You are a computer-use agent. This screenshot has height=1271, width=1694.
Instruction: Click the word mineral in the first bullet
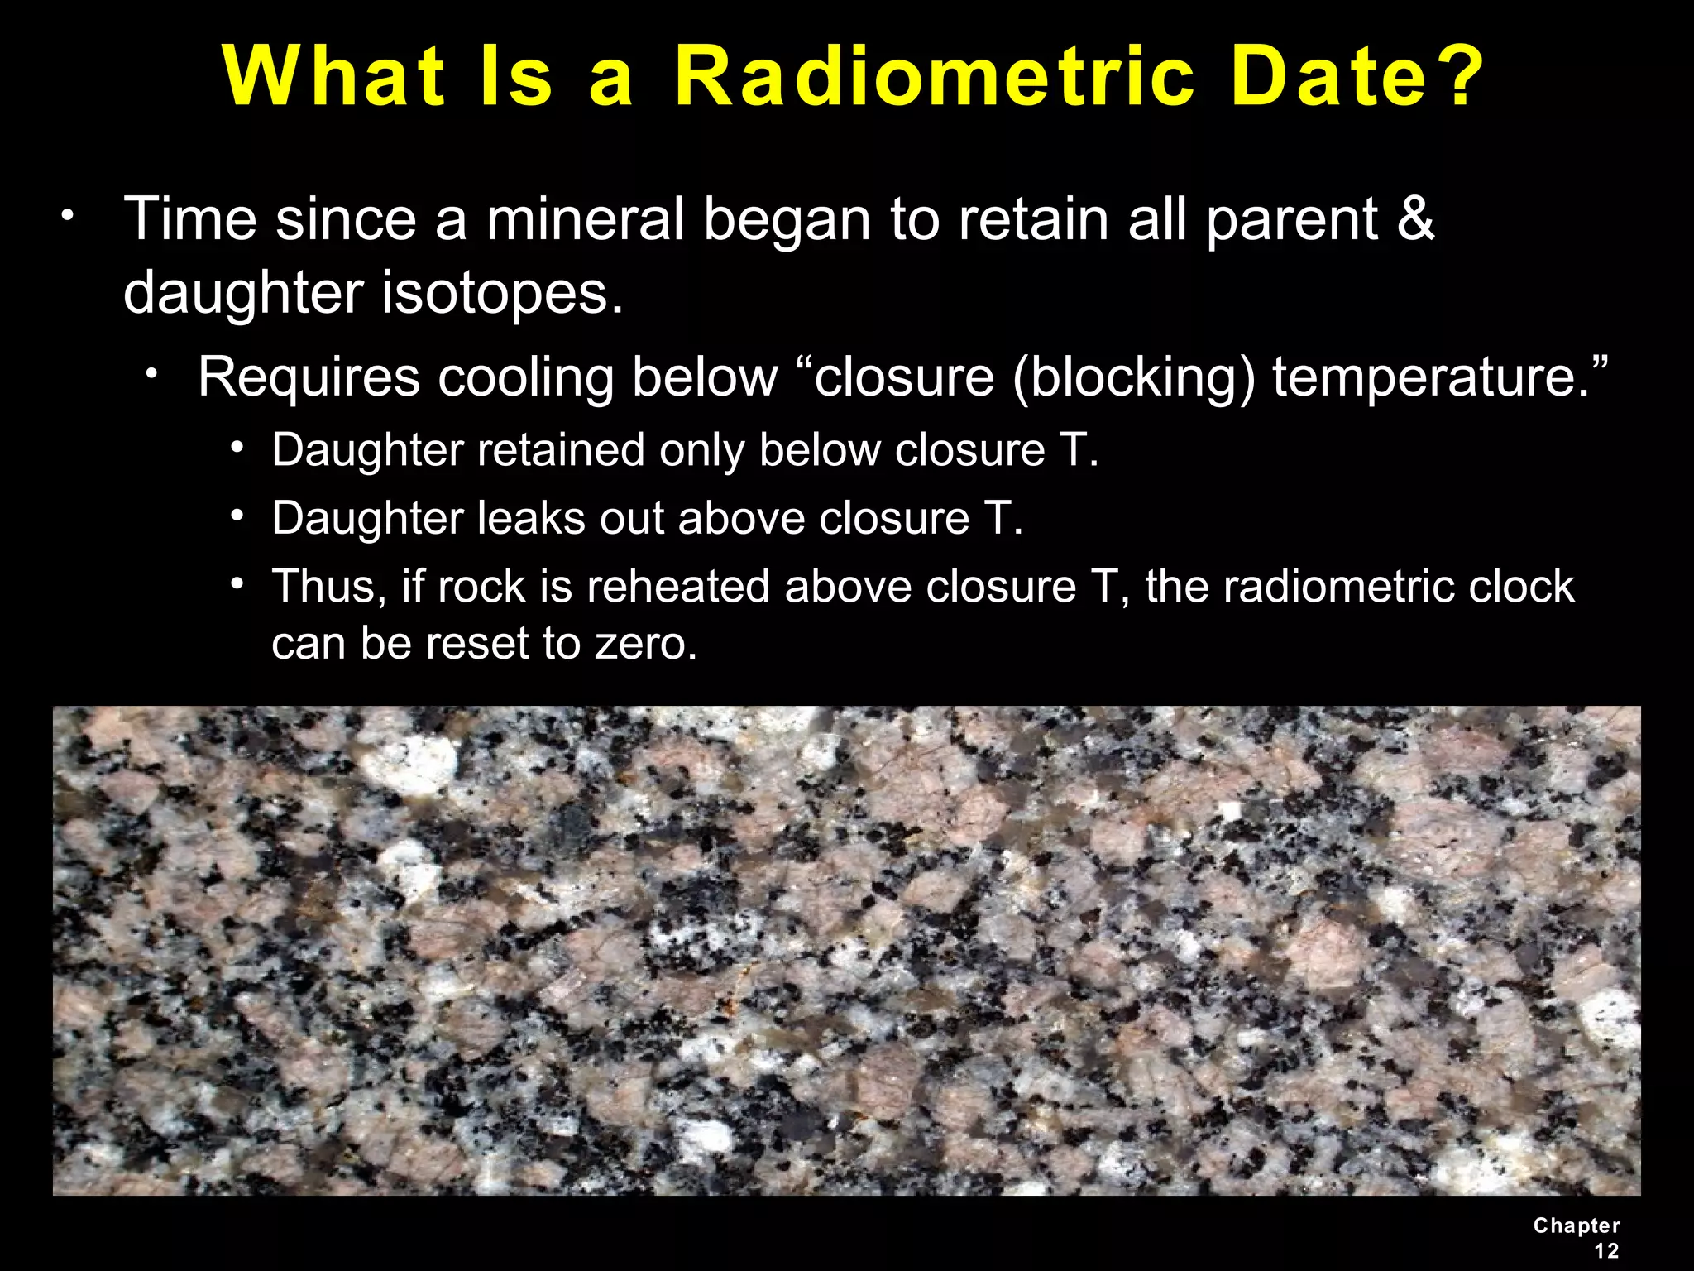[x=585, y=219]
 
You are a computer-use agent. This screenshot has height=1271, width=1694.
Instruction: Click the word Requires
[x=309, y=377]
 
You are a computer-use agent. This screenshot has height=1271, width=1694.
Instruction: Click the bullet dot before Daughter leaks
[x=237, y=516]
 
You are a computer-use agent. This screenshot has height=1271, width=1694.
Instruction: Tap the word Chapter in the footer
[x=1577, y=1225]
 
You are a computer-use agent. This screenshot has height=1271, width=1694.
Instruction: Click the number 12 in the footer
[x=1606, y=1250]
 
